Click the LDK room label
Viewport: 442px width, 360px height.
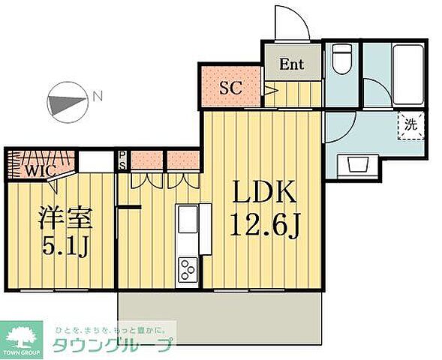click(263, 194)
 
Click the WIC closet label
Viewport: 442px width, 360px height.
click(36, 169)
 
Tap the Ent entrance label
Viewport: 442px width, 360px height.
click(291, 64)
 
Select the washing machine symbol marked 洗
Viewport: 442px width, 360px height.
click(410, 125)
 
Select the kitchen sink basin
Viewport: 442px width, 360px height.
click(186, 222)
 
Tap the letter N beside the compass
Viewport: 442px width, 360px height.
click(97, 96)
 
